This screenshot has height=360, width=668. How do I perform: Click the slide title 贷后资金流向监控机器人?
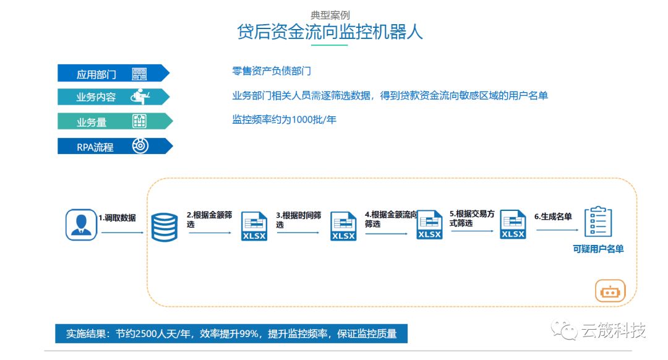[x=330, y=32]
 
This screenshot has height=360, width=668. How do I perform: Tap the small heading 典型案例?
[x=330, y=15]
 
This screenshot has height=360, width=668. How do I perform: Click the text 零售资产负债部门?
[x=272, y=72]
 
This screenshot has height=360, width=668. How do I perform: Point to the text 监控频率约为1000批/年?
[x=285, y=119]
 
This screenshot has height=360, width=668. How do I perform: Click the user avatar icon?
[x=82, y=224]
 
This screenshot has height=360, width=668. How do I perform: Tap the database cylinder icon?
[x=165, y=226]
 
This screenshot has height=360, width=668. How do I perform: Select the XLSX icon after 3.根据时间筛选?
[x=343, y=226]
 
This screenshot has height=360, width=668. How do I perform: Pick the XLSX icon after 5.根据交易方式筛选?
[x=513, y=224]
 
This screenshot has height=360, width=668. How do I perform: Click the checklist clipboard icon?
[x=598, y=221]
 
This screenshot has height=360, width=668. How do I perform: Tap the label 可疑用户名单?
[x=598, y=249]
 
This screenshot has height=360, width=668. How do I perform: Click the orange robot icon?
[x=610, y=291]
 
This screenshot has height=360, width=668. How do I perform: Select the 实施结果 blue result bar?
[x=231, y=334]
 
